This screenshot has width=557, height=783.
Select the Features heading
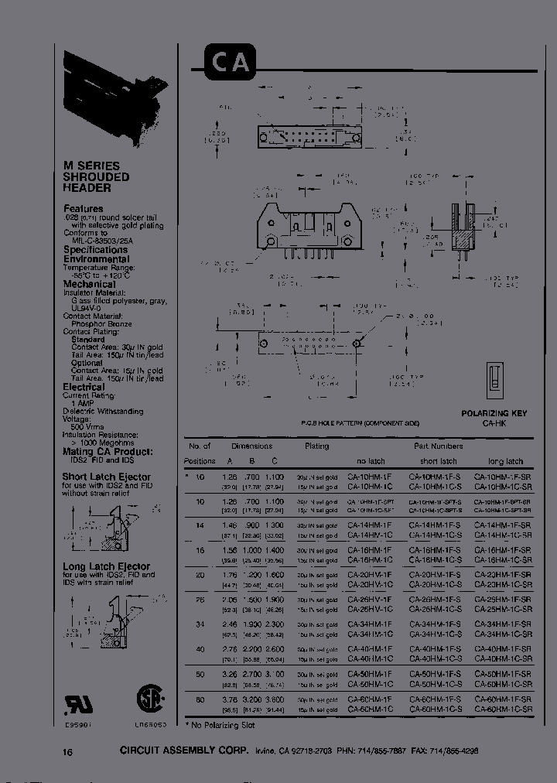83,209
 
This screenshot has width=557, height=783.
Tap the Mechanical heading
89,284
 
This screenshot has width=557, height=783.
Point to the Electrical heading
84,387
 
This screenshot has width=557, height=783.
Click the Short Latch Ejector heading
107,477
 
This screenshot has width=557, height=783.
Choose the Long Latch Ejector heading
107,566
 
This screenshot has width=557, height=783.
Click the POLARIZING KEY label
494,413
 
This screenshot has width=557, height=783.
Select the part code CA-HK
494,423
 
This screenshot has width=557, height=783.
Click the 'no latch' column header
371,460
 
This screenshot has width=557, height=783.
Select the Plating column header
316,446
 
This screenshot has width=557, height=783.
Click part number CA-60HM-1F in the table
370,699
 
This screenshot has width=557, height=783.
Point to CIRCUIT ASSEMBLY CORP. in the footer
184,751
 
